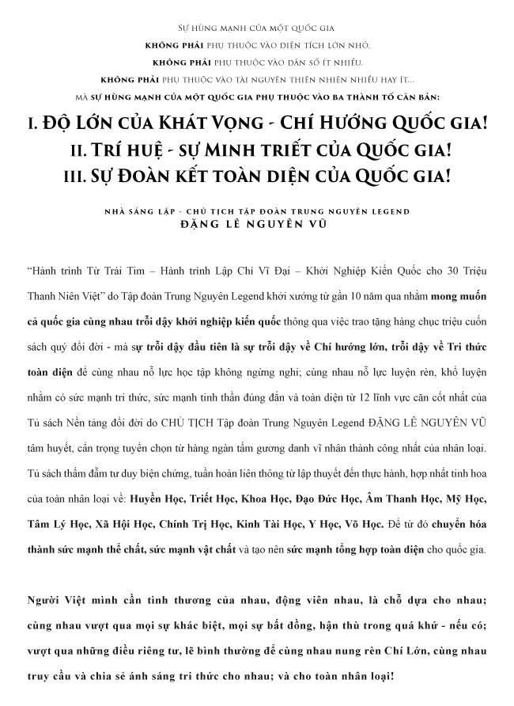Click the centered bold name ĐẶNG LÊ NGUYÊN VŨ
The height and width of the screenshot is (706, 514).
(258, 225)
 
